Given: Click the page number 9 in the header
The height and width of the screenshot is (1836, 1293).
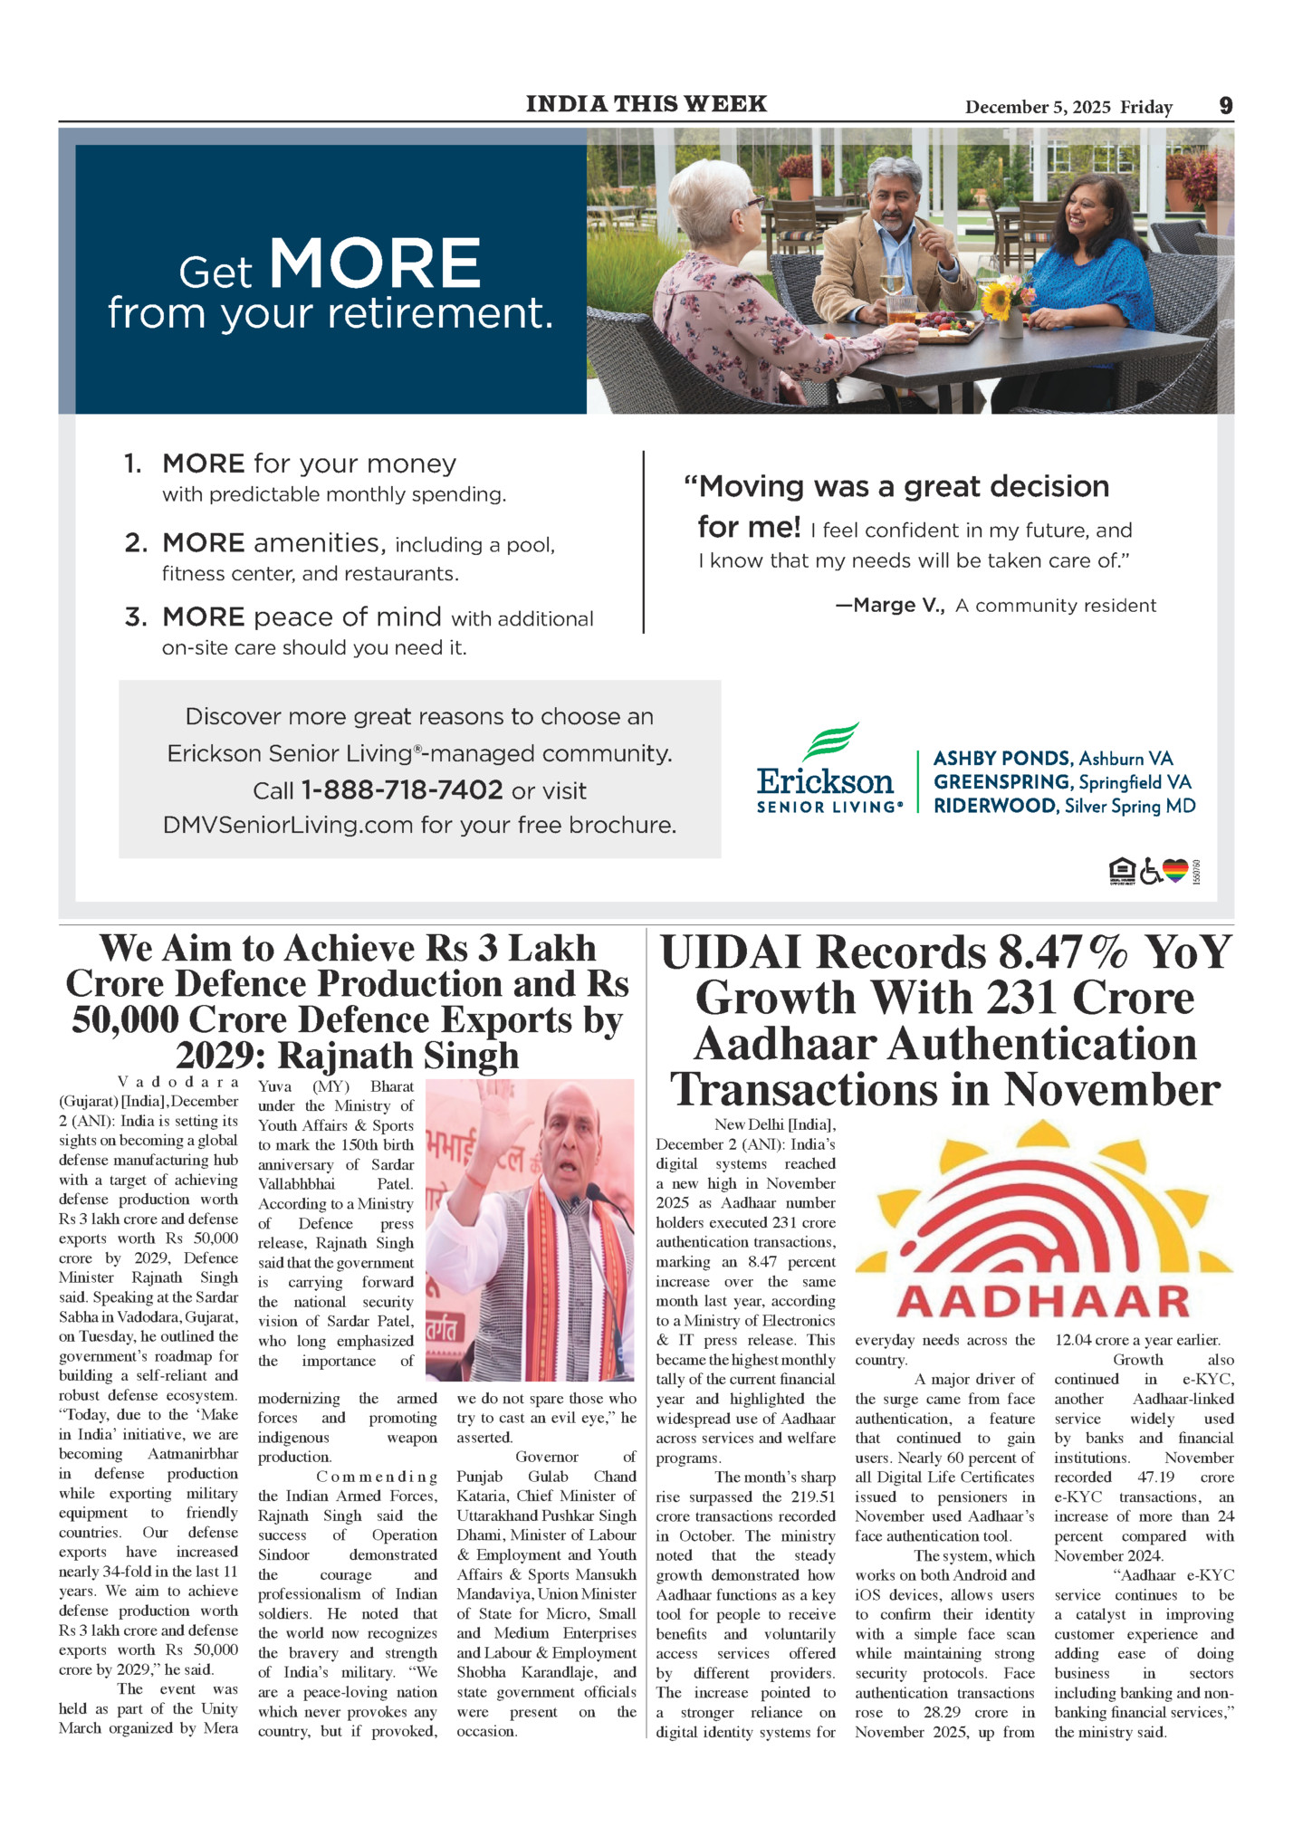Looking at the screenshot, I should tap(1225, 106).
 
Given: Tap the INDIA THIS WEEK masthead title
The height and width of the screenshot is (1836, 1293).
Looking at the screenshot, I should tap(646, 104).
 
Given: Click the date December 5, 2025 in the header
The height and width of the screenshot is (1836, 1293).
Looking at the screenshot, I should tap(1038, 107).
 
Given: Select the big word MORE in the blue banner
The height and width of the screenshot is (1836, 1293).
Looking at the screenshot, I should tap(375, 264).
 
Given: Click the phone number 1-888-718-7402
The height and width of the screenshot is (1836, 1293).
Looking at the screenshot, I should tap(401, 790).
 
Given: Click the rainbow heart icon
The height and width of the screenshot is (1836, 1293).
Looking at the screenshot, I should tap(1175, 871).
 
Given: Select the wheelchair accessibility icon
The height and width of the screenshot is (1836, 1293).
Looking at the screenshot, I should tap(1150, 871).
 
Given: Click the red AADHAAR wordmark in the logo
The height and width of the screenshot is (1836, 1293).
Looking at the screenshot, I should tap(1043, 1302).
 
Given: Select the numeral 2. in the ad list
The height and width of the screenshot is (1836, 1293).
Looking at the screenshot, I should tap(136, 543).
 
